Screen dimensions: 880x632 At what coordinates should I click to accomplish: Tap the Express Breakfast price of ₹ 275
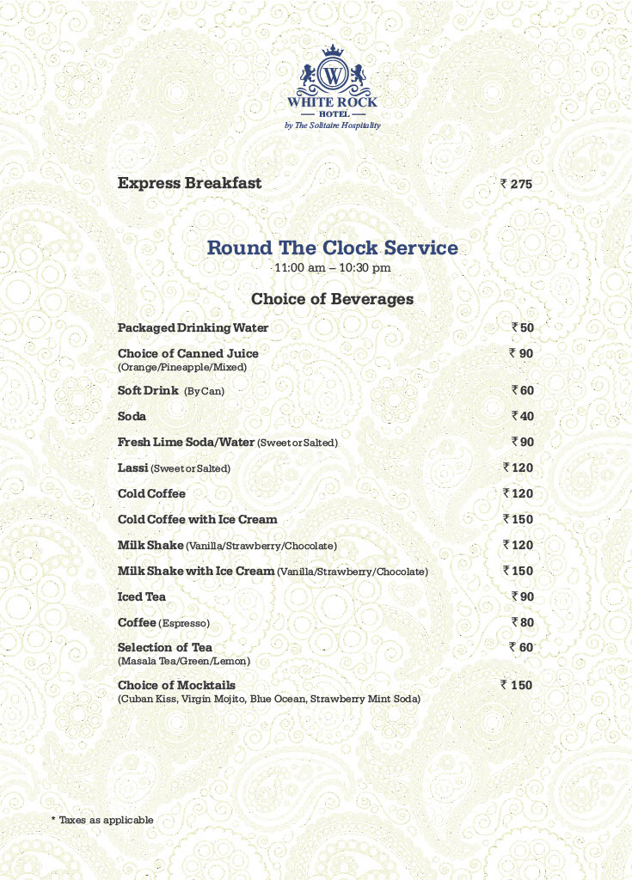coord(517,184)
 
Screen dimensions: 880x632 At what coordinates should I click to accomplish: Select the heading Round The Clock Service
coord(332,248)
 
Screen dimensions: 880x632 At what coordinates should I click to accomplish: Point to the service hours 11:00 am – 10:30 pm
coord(332,268)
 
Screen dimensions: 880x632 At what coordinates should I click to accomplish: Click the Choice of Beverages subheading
coord(332,299)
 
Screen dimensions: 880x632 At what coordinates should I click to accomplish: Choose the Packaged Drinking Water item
coord(193,327)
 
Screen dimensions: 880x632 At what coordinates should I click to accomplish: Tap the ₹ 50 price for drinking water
coord(523,327)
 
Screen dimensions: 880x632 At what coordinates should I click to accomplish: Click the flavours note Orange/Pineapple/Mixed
coord(182,367)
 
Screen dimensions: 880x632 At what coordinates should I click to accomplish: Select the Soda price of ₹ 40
coord(523,416)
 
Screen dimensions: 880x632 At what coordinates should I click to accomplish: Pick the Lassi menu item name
coord(132,467)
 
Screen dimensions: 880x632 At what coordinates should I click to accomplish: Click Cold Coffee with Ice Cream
coord(197,519)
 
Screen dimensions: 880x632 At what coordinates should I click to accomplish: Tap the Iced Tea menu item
coord(142,596)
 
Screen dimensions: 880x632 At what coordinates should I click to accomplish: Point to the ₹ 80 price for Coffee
coord(523,622)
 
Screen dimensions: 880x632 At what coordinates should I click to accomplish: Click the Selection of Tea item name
coord(165,647)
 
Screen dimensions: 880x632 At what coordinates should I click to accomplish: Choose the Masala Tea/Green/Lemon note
coord(184,661)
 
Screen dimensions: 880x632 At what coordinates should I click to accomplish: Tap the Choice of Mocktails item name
coord(176,685)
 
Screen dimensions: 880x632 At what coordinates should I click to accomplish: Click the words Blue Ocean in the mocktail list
coord(279,700)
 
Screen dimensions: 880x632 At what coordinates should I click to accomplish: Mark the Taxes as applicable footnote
coord(102,820)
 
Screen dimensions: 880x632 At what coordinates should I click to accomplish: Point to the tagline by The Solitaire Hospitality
coord(332,125)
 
